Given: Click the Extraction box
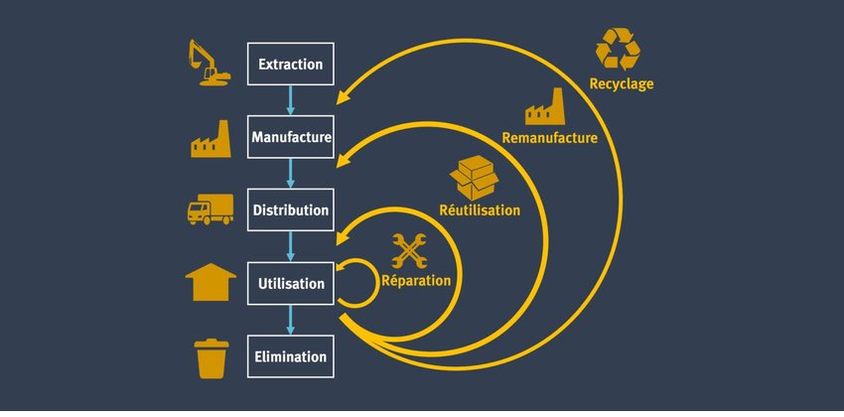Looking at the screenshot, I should pyautogui.click(x=290, y=65).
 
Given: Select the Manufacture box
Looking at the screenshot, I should pyautogui.click(x=290, y=136).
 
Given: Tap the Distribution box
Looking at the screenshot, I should pyautogui.click(x=290, y=210).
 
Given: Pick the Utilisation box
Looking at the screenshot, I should pyautogui.click(x=290, y=283).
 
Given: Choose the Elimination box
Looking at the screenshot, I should pyautogui.click(x=290, y=355).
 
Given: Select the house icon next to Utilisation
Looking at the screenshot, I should pyautogui.click(x=211, y=281).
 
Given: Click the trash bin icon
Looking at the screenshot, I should pyautogui.click(x=211, y=357).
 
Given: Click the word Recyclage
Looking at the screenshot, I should pyautogui.click(x=622, y=84).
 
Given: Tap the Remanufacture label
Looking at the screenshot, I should pyautogui.click(x=550, y=138).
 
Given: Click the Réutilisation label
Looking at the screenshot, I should pyautogui.click(x=480, y=210).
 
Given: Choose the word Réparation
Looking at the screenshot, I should pyautogui.click(x=416, y=281).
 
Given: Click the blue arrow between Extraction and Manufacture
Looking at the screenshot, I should pyautogui.click(x=290, y=100).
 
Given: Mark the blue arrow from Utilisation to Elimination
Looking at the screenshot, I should pyautogui.click(x=290, y=320).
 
